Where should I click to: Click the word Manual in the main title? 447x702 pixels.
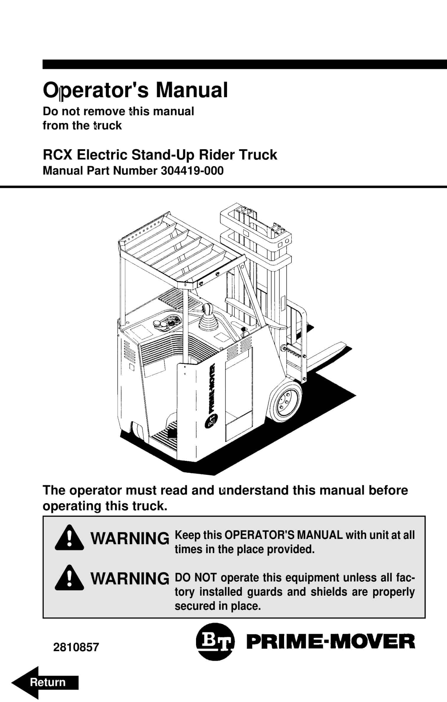(192, 90)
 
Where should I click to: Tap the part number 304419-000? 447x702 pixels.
(192, 171)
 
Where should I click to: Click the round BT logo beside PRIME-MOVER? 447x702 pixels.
(215, 642)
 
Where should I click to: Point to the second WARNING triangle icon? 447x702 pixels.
(69, 578)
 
